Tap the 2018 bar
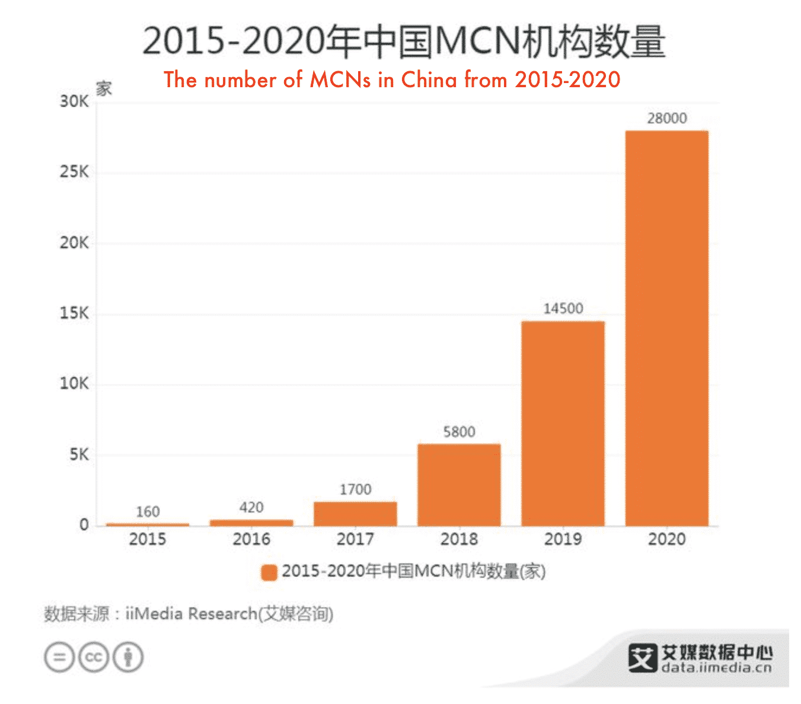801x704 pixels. pyautogui.click(x=459, y=485)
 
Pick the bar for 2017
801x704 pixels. pyautogui.click(x=355, y=514)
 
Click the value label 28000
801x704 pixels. pyautogui.click(x=666, y=118)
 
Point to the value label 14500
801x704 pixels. pyautogui.click(x=563, y=308)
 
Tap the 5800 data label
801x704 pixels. pyautogui.click(x=459, y=432)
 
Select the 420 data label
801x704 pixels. pyautogui.click(x=251, y=508)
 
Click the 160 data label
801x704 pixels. pyautogui.click(x=148, y=512)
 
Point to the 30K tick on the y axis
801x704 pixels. pyautogui.click(x=74, y=101)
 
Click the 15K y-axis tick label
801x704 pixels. pyautogui.click(x=74, y=313)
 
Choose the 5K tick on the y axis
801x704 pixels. pyautogui.click(x=78, y=455)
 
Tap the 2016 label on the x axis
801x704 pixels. pyautogui.click(x=251, y=539)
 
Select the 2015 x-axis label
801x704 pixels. pyautogui.click(x=148, y=539)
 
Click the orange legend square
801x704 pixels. pyautogui.click(x=269, y=572)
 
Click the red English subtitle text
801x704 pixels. pyautogui.click(x=392, y=79)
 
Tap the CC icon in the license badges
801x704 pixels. pyautogui.click(x=94, y=657)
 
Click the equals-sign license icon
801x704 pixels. pyautogui.click(x=59, y=657)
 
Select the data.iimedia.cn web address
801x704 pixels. pyautogui.click(x=716, y=668)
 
